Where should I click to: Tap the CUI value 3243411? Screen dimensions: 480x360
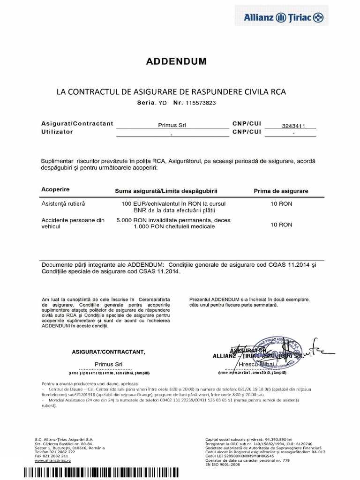pos(293,126)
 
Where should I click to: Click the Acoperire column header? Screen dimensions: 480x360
pos(55,189)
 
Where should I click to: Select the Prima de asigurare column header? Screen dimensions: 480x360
pos(281,191)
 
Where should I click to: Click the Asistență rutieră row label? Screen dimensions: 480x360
pos(63,204)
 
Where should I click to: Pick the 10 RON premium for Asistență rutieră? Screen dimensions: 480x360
pos(281,204)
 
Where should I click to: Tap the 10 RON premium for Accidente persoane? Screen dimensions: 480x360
pos(281,225)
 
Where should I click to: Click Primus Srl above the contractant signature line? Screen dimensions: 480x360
pos(109,364)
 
